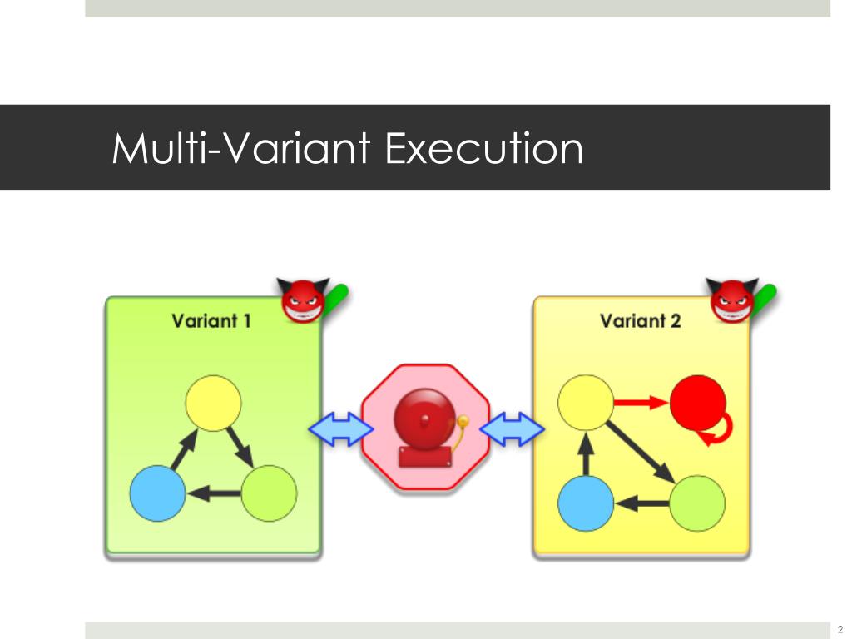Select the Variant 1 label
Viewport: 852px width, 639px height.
pyautogui.click(x=211, y=320)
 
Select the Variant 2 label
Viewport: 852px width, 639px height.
pyautogui.click(x=640, y=320)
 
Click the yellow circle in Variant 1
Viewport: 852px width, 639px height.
pyautogui.click(x=213, y=403)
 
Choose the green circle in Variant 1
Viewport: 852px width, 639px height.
pyautogui.click(x=269, y=493)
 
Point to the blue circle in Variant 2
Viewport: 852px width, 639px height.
pyautogui.click(x=585, y=503)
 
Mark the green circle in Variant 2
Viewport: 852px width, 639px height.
pyautogui.click(x=697, y=503)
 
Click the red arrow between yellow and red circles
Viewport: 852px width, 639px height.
pyautogui.click(x=641, y=404)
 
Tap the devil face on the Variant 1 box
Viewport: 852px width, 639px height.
pyautogui.click(x=303, y=300)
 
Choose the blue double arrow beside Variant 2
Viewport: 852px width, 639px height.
pyautogui.click(x=512, y=429)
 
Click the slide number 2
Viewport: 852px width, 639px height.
pyautogui.click(x=840, y=629)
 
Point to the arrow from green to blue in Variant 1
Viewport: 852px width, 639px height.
pyautogui.click(x=213, y=494)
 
